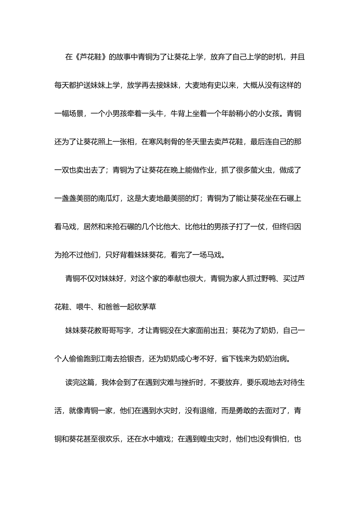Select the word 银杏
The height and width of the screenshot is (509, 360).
click(135, 359)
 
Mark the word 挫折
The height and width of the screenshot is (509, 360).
click(192, 383)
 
